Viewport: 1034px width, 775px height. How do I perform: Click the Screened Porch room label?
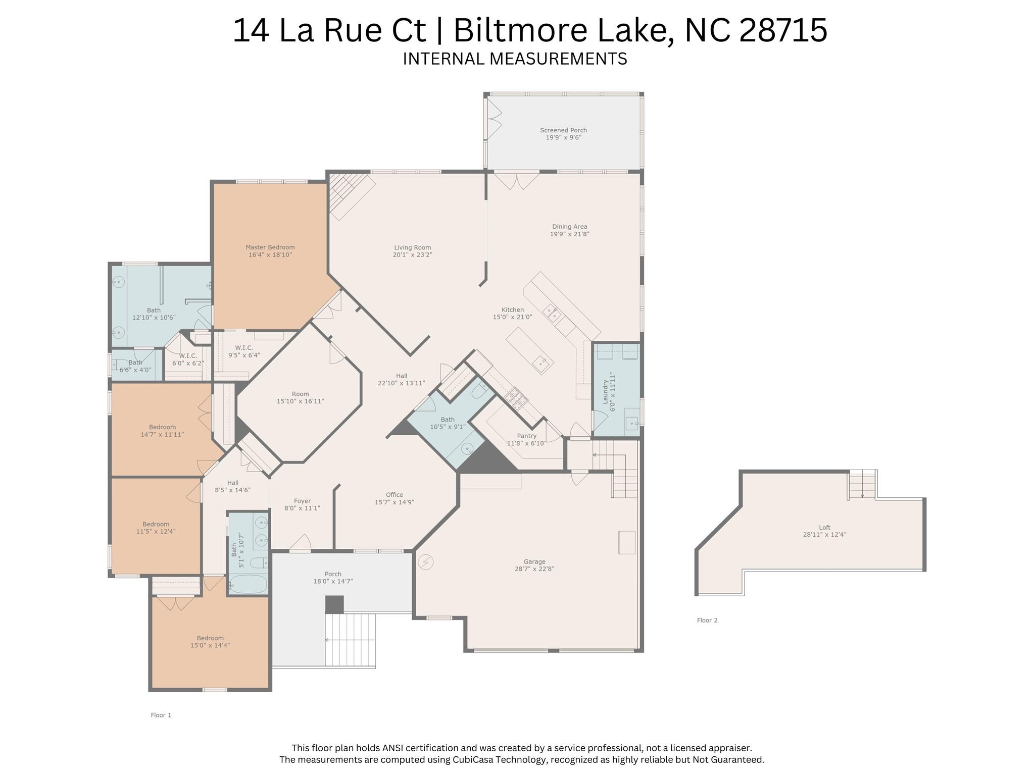(x=563, y=130)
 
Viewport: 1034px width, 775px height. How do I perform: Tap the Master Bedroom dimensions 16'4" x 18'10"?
(x=270, y=255)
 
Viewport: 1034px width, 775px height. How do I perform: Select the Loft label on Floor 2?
(x=824, y=527)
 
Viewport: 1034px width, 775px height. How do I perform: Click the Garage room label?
(x=534, y=561)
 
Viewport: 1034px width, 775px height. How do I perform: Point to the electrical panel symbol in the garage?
(x=426, y=562)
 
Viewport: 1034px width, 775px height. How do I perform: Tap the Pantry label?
(x=526, y=436)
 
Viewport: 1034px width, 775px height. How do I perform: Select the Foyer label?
(x=302, y=501)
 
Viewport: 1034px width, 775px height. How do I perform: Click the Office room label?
(x=394, y=495)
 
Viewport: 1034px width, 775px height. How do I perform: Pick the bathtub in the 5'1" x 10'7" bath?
(x=248, y=585)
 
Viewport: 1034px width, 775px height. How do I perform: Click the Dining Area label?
(x=569, y=227)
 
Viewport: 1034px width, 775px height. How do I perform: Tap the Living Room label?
(x=412, y=247)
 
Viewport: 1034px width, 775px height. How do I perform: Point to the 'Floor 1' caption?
(x=161, y=715)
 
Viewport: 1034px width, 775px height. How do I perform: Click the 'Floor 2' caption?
(x=707, y=620)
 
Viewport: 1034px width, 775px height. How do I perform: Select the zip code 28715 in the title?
(x=782, y=30)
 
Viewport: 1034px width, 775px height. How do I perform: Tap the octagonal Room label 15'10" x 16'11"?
(x=300, y=394)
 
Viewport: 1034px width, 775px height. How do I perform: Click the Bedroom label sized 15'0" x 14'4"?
(x=210, y=638)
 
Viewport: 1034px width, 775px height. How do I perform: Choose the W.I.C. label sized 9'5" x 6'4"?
(x=244, y=348)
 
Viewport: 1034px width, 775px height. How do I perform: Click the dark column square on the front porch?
(x=334, y=604)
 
